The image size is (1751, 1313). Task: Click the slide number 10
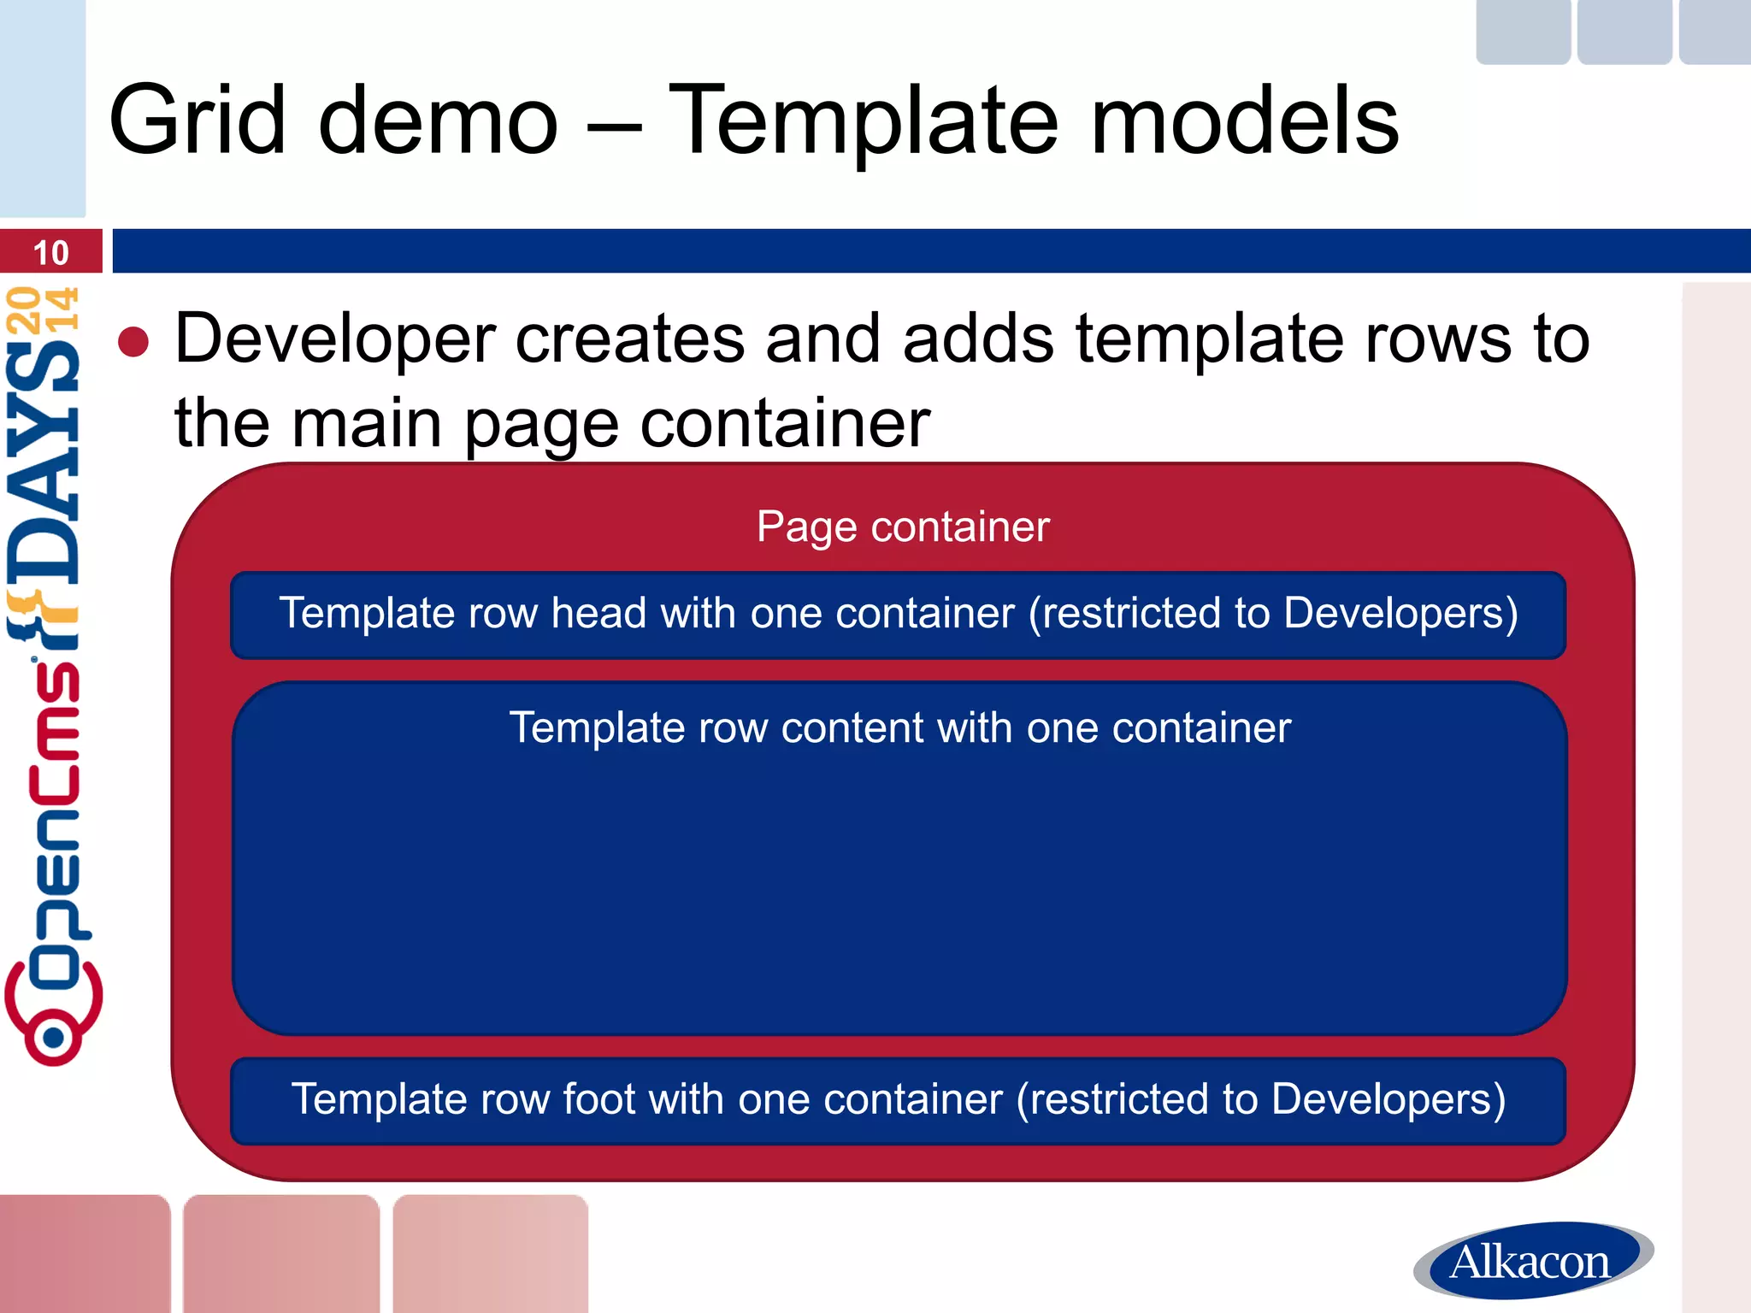click(50, 253)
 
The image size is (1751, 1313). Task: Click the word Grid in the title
click(197, 121)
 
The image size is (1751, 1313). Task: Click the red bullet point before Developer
click(133, 342)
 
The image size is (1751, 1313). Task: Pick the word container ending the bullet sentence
click(784, 423)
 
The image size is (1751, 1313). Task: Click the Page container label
click(902, 527)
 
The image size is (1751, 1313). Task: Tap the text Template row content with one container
click(899, 728)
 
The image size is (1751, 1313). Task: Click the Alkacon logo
click(1532, 1261)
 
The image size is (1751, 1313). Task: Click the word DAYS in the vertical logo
click(44, 462)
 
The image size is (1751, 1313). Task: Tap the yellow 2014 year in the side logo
click(43, 309)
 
